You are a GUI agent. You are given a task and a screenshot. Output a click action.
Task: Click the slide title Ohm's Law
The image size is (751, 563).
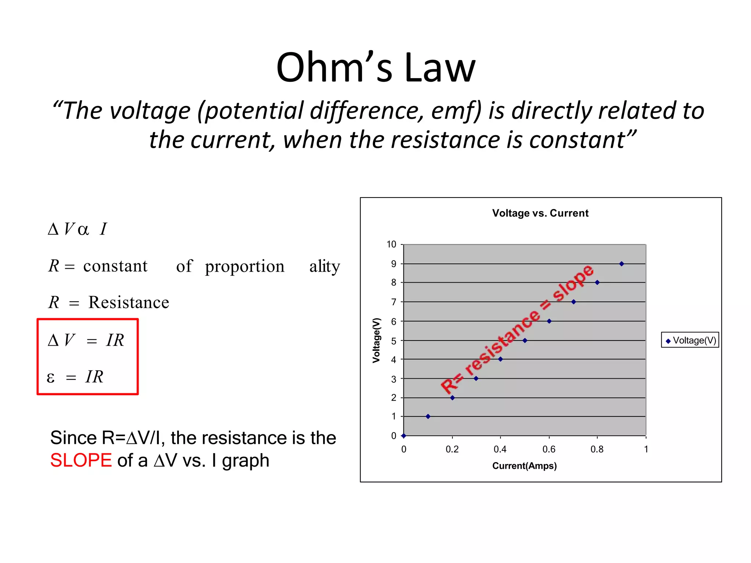375,68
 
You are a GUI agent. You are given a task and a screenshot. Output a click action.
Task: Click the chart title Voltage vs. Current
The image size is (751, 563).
540,213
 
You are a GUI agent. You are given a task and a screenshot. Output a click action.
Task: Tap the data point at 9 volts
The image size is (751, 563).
622,264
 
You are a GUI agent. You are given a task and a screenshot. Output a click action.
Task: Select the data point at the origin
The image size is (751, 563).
404,436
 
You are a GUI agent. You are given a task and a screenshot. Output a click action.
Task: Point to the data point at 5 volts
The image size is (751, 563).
525,341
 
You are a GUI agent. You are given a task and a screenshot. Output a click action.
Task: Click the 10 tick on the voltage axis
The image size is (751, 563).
391,244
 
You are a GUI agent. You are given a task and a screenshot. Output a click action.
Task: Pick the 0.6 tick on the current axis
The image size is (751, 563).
549,449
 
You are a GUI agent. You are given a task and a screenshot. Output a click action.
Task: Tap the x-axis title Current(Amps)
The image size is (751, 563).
524,466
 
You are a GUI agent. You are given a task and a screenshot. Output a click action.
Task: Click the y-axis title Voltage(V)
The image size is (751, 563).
376,340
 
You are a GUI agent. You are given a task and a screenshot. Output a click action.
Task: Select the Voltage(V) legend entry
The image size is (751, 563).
690,340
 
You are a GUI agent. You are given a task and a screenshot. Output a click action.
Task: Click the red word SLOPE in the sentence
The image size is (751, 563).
81,460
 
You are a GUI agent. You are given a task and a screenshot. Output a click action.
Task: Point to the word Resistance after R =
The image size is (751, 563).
129,302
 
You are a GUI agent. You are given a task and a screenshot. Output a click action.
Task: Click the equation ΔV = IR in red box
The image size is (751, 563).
87,340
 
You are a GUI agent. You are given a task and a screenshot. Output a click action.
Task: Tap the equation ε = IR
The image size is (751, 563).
76,377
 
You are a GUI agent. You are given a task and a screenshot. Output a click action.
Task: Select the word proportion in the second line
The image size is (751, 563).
245,266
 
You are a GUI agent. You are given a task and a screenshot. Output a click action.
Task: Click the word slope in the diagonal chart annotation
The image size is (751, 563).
572,283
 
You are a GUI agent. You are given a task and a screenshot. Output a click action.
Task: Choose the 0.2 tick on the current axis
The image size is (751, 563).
452,449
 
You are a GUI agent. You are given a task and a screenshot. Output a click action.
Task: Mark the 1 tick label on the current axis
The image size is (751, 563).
646,449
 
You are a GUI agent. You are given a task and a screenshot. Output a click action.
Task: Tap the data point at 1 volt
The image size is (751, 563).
428,416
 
